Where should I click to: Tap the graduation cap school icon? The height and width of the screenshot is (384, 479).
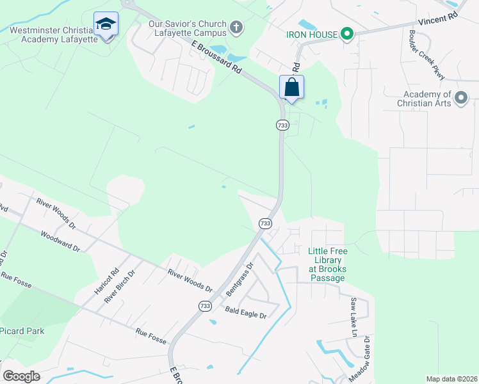pyautogui.click(x=106, y=25)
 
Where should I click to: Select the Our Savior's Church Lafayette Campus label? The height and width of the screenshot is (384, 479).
pyautogui.click(x=188, y=28)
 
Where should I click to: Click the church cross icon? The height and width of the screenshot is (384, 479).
pyautogui.click(x=236, y=27)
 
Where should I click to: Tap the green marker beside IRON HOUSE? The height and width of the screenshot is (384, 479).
pyautogui.click(x=348, y=33)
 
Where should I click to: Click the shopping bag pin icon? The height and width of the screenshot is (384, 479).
pyautogui.click(x=291, y=87)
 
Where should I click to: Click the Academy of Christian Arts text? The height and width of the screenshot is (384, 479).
pyautogui.click(x=425, y=98)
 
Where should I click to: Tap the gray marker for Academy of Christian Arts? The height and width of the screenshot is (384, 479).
pyautogui.click(x=462, y=98)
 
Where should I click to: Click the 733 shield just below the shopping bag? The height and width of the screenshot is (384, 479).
pyautogui.click(x=282, y=125)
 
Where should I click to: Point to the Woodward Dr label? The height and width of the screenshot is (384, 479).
pyautogui.click(x=59, y=241)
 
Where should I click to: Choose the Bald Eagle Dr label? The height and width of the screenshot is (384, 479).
pyautogui.click(x=245, y=312)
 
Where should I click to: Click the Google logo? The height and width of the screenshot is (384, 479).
pyautogui.click(x=22, y=376)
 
